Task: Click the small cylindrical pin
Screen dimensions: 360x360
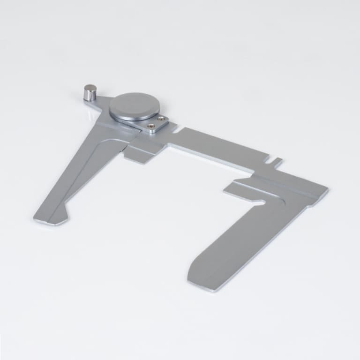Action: [x=90, y=92]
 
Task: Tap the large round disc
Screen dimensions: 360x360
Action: [x=134, y=106]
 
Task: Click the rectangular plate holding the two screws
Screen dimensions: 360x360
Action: [x=156, y=125]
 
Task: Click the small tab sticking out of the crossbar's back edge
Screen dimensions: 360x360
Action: [x=276, y=163]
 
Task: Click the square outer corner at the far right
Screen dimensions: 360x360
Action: [x=325, y=190]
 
